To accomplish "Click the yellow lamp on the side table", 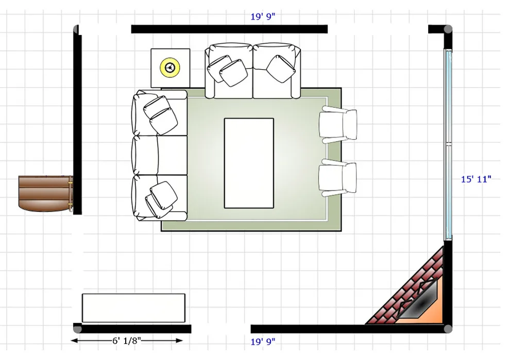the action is click(170, 68).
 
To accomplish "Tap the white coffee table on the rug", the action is click(249, 163).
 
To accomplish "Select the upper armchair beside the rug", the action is click(338, 125).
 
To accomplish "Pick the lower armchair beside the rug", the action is click(338, 178).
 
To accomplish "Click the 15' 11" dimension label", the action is click(476, 179).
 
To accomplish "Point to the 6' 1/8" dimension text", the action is click(127, 341).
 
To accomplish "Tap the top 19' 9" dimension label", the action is click(263, 17).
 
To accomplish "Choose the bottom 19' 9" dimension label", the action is click(263, 342).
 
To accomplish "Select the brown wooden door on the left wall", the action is click(45, 194).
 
